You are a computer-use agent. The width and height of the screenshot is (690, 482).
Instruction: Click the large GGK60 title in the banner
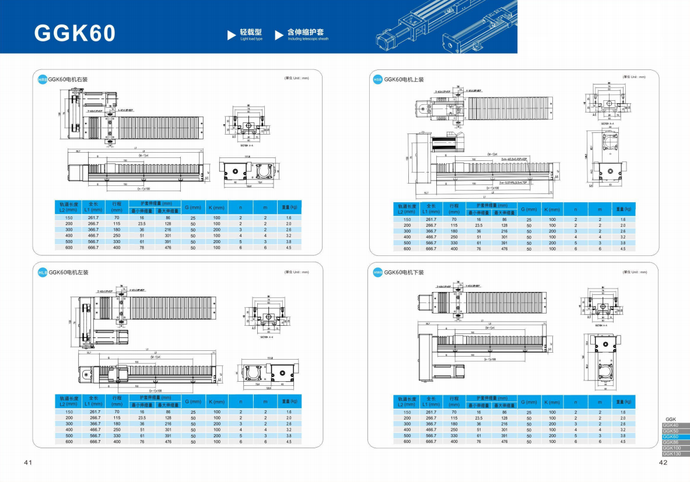click(75, 33)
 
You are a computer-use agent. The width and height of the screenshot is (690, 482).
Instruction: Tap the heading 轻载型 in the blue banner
click(251, 32)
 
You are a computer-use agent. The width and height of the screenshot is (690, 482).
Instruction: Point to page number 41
click(28, 463)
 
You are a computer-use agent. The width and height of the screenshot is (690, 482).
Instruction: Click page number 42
click(662, 463)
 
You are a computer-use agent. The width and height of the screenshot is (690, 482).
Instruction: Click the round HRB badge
click(42, 79)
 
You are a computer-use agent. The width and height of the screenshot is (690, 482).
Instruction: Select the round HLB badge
click(42, 272)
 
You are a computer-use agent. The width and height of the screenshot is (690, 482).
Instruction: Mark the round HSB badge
click(377, 80)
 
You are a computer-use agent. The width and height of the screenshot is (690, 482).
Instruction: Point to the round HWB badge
click(377, 272)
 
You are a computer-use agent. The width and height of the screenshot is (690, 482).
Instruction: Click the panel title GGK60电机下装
click(404, 272)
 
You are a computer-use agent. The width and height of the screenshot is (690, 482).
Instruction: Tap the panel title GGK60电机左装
click(68, 272)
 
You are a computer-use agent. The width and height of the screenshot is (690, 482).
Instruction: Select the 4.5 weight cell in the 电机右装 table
click(289, 248)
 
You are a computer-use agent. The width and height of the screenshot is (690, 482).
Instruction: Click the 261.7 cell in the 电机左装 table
click(94, 411)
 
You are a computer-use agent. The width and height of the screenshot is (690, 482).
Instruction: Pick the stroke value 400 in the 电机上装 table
click(454, 249)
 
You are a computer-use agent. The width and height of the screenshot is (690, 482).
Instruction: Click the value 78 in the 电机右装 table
click(142, 248)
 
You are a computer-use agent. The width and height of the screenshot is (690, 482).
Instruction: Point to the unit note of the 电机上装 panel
click(634, 77)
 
